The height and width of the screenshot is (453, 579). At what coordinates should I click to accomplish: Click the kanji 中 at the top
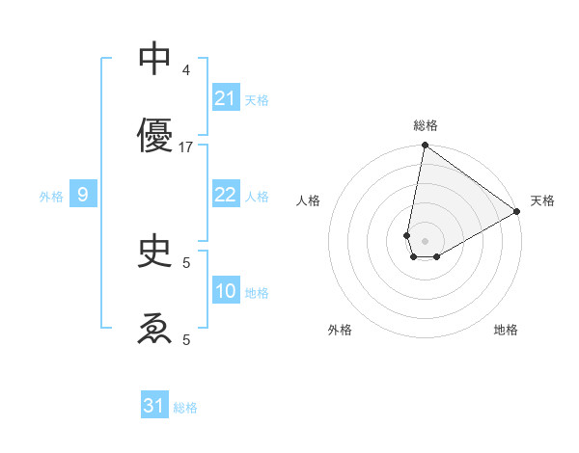coord(155,59)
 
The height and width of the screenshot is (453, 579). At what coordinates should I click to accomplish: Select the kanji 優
coord(155,135)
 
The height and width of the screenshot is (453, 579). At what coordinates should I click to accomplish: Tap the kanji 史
coord(155,252)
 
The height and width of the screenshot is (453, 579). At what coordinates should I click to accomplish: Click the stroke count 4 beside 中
coord(186,70)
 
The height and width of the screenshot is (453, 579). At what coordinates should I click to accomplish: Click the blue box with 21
coord(225,98)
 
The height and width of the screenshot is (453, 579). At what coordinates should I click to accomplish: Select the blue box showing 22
coord(225,195)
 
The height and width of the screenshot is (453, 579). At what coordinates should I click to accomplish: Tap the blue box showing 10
coord(225,291)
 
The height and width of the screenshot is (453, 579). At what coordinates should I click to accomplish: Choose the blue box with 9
coord(83,196)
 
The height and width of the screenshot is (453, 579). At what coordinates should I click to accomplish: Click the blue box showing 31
coord(154,406)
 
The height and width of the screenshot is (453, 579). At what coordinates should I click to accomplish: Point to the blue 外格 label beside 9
coord(51,197)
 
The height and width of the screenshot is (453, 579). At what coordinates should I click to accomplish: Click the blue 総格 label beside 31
coord(185,408)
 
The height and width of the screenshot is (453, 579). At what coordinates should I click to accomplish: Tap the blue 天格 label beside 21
coord(257,100)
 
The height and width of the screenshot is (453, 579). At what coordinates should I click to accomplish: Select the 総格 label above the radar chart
coord(426,125)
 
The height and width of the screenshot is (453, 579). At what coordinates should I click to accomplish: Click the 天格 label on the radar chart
coord(542,200)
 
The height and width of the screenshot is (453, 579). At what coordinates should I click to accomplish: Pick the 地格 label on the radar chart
coord(506,330)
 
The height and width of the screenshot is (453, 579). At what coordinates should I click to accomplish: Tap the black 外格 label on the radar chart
coord(340,330)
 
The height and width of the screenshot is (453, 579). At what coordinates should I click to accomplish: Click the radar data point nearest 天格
coord(517,212)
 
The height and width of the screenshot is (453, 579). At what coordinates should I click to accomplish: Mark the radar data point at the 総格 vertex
coord(425,147)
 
